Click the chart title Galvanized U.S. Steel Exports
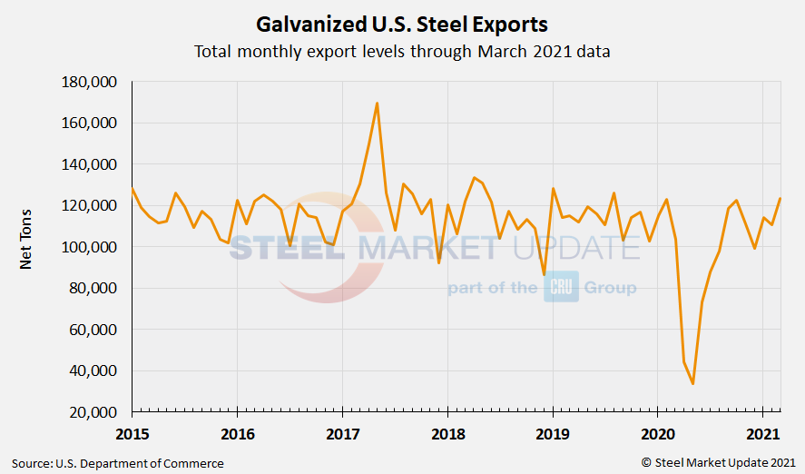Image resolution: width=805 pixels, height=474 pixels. pyautogui.click(x=402, y=22)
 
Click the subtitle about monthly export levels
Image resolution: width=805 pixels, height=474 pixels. pyautogui.click(x=402, y=51)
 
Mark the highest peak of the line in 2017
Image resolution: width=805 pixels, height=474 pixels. pyautogui.click(x=377, y=104)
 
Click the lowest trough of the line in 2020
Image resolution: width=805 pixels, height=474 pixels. pyautogui.click(x=693, y=383)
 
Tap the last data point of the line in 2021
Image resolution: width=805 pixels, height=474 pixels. pyautogui.click(x=780, y=199)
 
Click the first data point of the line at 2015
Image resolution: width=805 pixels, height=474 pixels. pyautogui.click(x=133, y=189)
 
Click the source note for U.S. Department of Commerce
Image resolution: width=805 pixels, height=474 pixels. pyautogui.click(x=117, y=463)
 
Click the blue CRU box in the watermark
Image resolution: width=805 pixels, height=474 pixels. pyautogui.click(x=561, y=288)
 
